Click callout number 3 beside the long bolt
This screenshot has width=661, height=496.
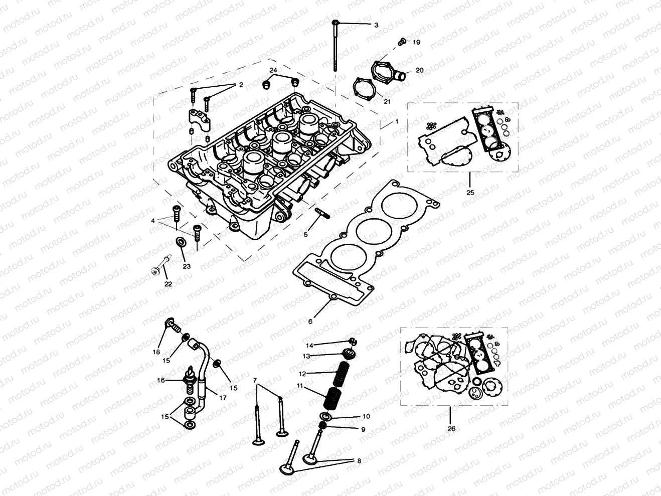pyautogui.click(x=376, y=25)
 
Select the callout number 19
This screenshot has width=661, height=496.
pyautogui.click(x=416, y=43)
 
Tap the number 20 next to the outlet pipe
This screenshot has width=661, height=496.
pyautogui.click(x=419, y=70)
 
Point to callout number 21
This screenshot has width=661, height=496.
pyautogui.click(x=387, y=101)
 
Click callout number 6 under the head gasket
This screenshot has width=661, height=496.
pyautogui.click(x=310, y=321)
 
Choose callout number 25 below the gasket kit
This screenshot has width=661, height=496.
pyautogui.click(x=470, y=192)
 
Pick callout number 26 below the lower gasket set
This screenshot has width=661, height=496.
pyautogui.click(x=451, y=429)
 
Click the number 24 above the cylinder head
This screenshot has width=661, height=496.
pyautogui.click(x=273, y=69)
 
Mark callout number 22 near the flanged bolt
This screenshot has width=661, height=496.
pyautogui.click(x=168, y=284)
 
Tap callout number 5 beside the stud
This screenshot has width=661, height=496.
pyautogui.click(x=305, y=234)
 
